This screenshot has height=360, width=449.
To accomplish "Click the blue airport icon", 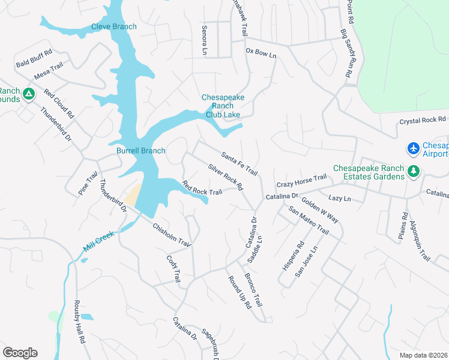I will coord(413,148).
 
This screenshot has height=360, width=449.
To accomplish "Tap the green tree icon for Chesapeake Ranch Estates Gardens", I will coord(413,172).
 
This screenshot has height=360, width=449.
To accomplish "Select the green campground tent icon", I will coord(28,94).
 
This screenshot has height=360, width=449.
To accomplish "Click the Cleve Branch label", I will coord(114,26).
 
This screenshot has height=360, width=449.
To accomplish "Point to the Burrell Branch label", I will coord(140,151).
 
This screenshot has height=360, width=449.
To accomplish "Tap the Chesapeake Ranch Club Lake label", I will coord(222,106).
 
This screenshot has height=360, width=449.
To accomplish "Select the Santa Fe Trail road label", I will coord(239,164).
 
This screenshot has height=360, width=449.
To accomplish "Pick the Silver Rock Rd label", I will coord(225,177).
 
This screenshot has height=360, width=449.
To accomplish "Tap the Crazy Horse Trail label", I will coord(301,178).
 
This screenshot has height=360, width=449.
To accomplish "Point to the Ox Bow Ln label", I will coord(261,53).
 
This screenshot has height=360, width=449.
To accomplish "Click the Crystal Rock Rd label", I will coord(423,121).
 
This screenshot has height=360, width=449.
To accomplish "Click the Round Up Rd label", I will coord(239,292).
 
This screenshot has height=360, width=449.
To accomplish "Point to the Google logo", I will coord(20,353).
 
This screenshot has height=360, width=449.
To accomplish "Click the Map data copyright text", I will coord(423,355).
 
